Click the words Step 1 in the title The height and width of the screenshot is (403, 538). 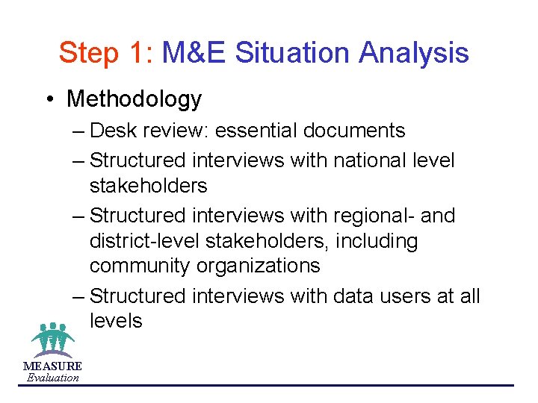[105, 53]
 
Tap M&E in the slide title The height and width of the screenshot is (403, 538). [194, 53]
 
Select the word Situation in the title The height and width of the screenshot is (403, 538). [293, 53]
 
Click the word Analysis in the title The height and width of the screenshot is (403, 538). [414, 53]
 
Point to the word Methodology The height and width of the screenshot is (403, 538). [134, 99]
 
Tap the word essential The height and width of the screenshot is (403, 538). [257, 131]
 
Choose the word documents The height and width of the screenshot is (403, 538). [354, 131]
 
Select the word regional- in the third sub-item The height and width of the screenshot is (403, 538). [382, 216]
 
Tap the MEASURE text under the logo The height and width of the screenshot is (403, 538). [52, 366]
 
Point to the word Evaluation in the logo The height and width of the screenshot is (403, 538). [52, 378]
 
